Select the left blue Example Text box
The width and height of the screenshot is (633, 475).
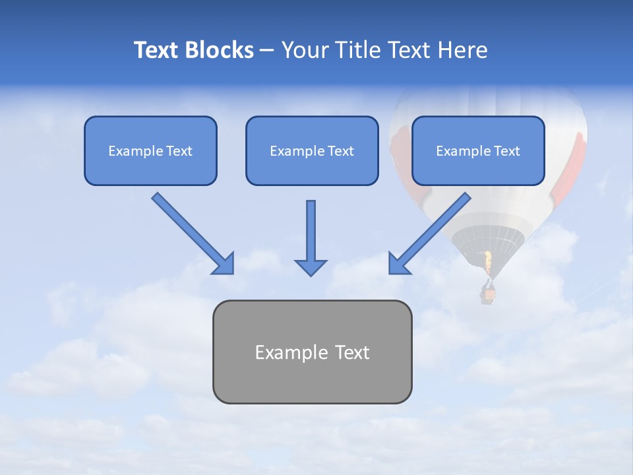tap(150, 150)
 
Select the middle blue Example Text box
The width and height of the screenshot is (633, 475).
tap(312, 150)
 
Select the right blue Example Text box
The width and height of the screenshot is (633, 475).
tap(478, 150)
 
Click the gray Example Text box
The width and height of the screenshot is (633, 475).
tap(312, 352)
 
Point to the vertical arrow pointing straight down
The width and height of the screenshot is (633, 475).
tap(311, 234)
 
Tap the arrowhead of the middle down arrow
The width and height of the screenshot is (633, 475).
tap(311, 267)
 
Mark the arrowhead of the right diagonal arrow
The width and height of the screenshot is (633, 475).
tap(398, 264)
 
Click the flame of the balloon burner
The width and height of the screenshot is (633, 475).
tap(488, 263)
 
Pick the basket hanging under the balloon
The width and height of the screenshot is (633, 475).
tap(488, 293)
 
